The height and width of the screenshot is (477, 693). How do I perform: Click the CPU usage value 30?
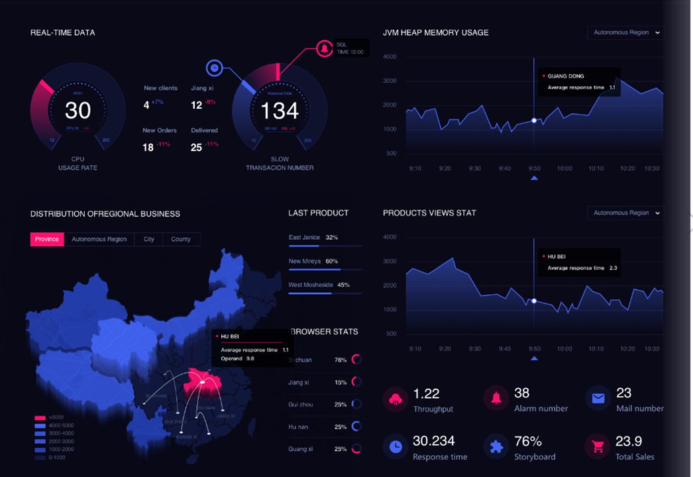click(78, 110)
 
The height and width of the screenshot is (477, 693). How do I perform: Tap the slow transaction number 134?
click(280, 110)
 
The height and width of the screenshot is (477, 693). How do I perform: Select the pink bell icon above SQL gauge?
click(325, 48)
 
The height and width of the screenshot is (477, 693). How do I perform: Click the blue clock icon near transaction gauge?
click(214, 67)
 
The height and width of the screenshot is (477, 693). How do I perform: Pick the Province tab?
click(47, 239)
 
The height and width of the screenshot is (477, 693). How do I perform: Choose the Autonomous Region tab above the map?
click(99, 239)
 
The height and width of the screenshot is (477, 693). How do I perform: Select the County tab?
click(180, 239)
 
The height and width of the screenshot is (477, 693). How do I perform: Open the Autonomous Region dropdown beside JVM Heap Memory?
click(626, 32)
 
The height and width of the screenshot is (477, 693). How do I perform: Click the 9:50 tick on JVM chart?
click(534, 168)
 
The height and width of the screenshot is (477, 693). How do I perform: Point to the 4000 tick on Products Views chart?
click(390, 237)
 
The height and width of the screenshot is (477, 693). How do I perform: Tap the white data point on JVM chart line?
click(534, 121)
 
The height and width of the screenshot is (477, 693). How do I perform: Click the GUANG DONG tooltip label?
click(566, 76)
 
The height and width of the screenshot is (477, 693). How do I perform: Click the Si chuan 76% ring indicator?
click(356, 360)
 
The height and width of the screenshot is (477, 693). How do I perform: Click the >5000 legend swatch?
click(40, 417)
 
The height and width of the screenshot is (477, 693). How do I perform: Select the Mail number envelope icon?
click(598, 399)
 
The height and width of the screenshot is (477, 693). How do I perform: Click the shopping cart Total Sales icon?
click(598, 447)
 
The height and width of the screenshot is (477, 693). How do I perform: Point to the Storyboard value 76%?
click(528, 441)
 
